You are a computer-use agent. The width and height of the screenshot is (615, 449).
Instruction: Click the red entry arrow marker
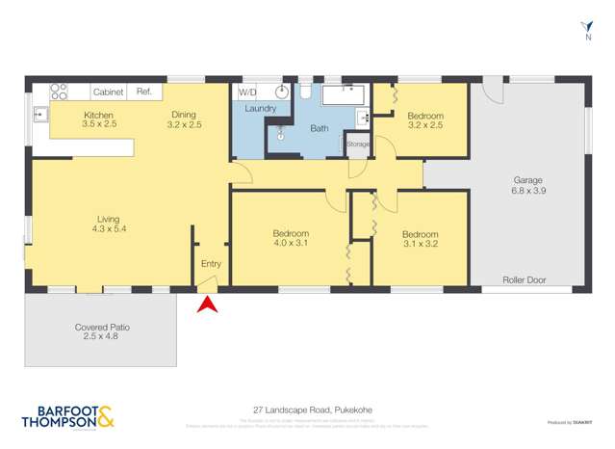207,305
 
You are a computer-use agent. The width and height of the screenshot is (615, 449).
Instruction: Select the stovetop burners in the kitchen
59,92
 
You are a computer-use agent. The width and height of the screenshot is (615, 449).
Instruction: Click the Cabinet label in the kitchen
108,92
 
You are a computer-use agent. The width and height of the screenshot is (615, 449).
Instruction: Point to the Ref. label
144,92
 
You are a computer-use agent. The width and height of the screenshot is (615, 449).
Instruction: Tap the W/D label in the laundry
247,92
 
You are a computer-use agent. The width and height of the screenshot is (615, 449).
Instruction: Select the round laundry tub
282,92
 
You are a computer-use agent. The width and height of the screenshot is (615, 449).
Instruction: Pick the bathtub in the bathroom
341,95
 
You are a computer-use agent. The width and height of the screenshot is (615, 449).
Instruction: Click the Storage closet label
358,145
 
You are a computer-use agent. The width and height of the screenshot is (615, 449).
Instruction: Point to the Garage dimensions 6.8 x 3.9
527,191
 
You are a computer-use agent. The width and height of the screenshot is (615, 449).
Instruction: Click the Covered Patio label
102,328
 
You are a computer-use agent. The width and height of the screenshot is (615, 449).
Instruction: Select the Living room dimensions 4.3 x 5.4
109,229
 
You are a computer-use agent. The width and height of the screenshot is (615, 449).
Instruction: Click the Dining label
183,114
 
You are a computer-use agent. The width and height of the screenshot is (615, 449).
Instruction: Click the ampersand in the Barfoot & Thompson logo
106,416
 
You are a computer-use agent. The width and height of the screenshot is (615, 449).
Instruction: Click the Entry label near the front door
211,263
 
